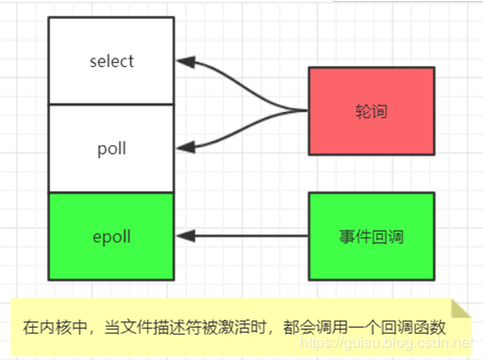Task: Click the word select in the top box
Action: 111,62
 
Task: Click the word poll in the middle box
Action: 111,149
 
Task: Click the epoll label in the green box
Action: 111,236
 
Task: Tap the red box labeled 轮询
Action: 371,110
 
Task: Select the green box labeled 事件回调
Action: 371,236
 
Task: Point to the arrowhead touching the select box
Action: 183,62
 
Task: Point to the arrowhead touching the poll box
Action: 183,148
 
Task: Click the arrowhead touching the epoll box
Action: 183,236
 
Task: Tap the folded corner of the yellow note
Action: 460,310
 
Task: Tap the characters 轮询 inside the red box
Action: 371,111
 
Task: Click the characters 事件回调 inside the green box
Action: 371,236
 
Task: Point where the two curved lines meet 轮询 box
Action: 308,110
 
